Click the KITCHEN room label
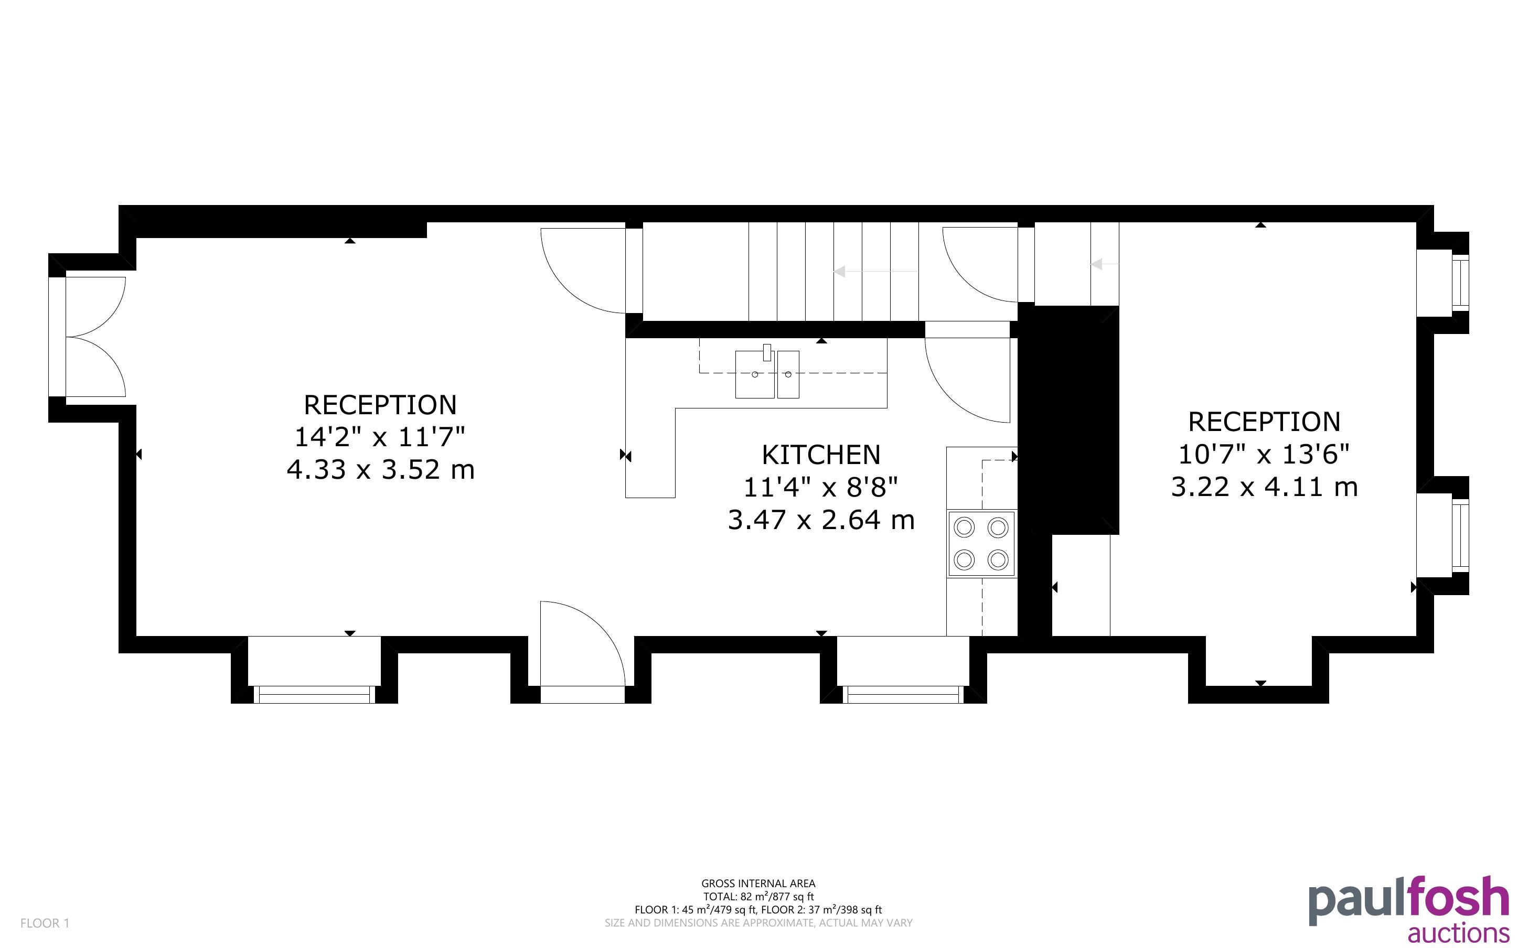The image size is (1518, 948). (x=821, y=455)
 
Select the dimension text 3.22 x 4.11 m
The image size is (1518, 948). (x=1264, y=487)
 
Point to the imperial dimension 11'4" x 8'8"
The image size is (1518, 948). (x=821, y=487)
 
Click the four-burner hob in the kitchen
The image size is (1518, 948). (x=981, y=543)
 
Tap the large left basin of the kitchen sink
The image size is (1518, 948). (x=755, y=374)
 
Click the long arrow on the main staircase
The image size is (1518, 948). (x=876, y=272)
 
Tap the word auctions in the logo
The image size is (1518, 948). (x=1458, y=932)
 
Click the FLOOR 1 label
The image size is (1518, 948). (x=45, y=923)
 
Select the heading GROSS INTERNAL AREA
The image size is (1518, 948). (x=758, y=884)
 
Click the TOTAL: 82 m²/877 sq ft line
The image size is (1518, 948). (x=758, y=897)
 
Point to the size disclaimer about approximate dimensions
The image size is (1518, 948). (x=758, y=923)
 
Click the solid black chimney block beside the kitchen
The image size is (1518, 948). (x=1075, y=419)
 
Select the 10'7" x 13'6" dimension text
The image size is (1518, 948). (x=1264, y=455)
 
